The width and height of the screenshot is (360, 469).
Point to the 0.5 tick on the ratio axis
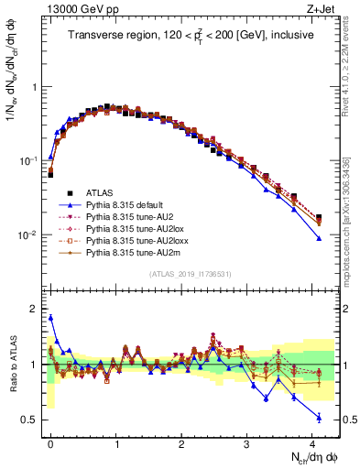tap(32, 420)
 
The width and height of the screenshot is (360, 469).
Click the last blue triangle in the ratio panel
tap(318, 418)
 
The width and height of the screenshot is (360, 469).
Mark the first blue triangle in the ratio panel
tap(50, 318)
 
